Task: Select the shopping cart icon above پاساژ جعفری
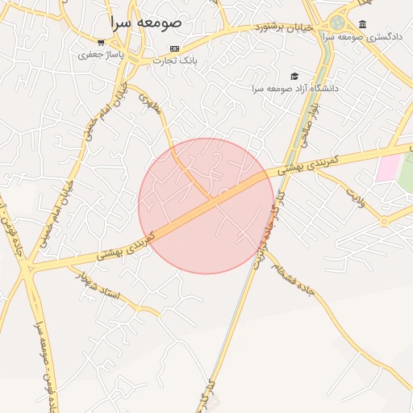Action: (100, 43)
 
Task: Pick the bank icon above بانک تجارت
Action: (175, 48)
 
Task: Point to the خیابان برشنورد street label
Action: (280, 27)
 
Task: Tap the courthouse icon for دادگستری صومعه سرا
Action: (362, 24)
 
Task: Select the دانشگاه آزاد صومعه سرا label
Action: (294, 87)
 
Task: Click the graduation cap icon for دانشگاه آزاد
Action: (294, 76)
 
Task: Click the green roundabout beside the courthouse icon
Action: (337, 23)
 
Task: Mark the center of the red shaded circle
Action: (206, 206)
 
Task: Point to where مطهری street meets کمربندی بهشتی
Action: (212, 198)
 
